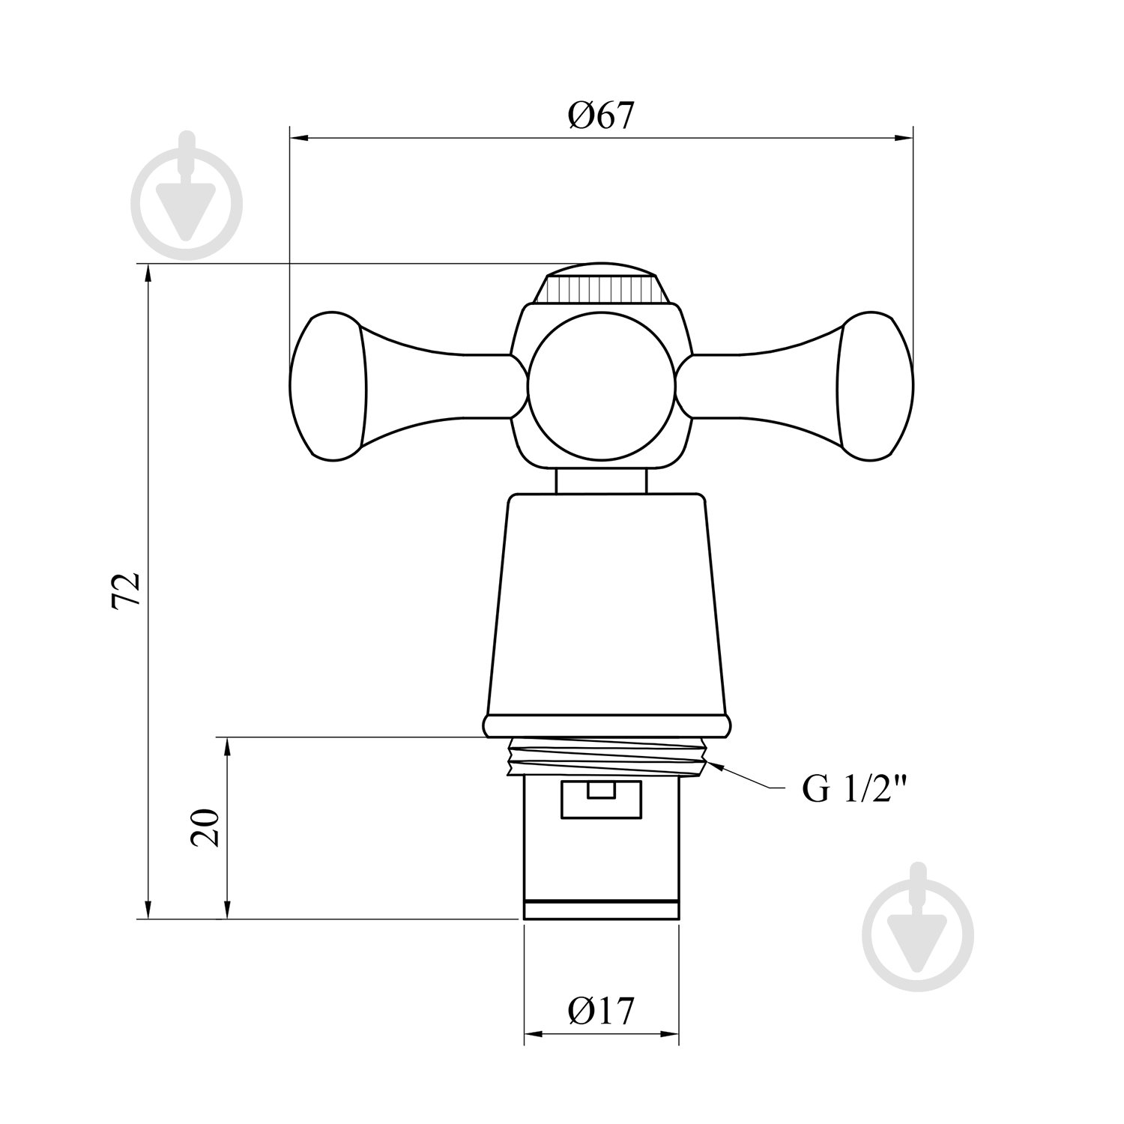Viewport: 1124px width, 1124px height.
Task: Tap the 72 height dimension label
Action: (126, 590)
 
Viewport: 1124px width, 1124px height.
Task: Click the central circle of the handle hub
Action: (602, 386)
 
